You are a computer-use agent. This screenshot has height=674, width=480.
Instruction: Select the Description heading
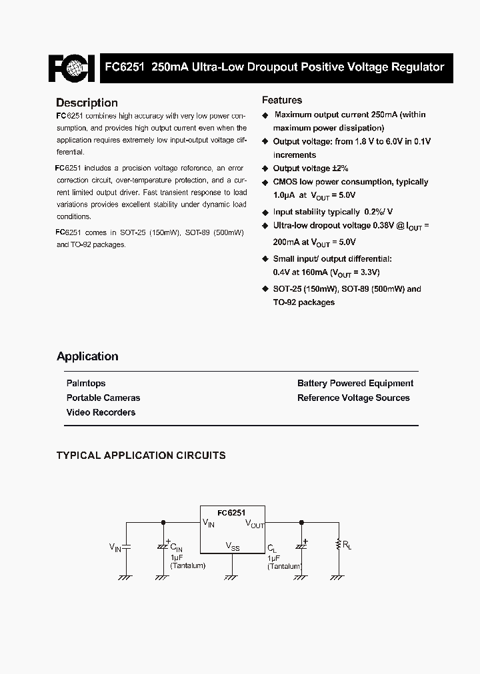click(87, 103)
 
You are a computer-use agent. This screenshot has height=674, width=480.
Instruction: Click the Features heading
click(281, 100)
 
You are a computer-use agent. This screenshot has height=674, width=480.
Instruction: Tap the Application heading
click(87, 356)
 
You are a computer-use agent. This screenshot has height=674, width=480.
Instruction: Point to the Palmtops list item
click(86, 383)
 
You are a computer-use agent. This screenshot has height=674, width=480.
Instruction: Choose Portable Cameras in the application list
click(103, 398)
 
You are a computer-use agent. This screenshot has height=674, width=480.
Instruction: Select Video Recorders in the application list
click(101, 412)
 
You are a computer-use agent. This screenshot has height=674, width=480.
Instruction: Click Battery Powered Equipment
click(355, 383)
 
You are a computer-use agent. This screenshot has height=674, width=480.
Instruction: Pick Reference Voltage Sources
click(353, 398)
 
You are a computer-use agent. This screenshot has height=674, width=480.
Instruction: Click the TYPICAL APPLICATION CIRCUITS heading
click(141, 456)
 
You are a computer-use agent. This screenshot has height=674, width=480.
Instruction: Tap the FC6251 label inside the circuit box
click(232, 513)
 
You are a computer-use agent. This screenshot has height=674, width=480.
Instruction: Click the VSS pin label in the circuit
click(232, 546)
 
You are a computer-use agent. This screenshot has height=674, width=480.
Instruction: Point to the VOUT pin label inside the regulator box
click(255, 524)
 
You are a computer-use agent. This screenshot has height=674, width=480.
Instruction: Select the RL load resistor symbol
click(339, 544)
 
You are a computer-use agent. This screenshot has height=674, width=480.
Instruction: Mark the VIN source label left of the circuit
click(115, 547)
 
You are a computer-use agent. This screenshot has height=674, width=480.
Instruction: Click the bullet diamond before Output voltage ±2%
click(265, 168)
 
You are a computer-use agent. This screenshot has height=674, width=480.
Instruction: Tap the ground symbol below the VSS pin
click(231, 577)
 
